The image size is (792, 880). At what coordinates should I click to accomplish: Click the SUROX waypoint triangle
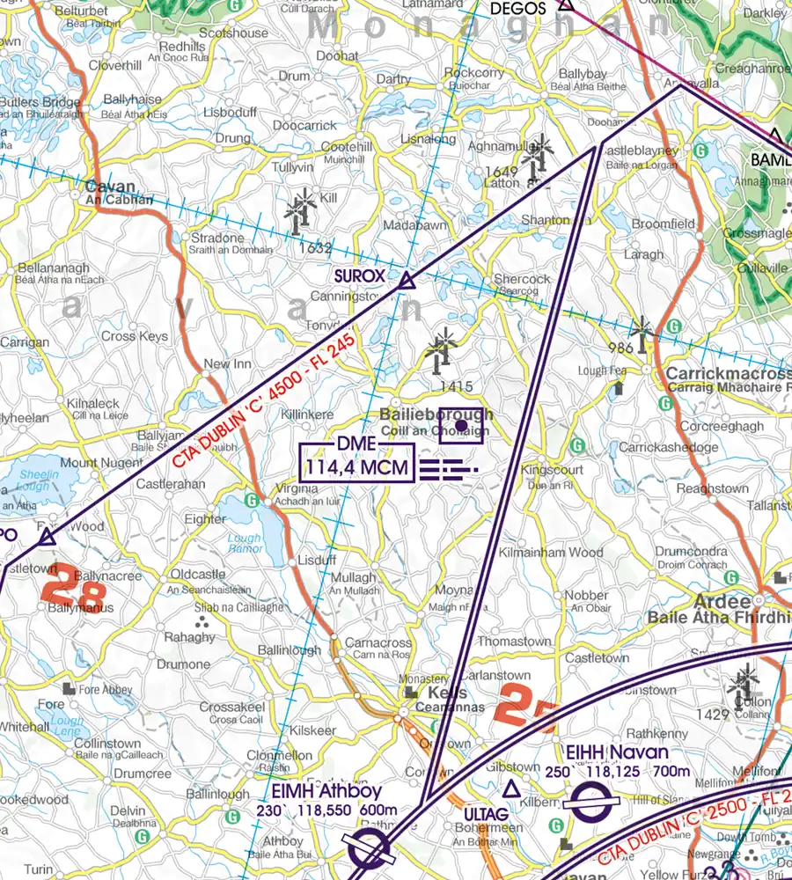[x=406, y=281]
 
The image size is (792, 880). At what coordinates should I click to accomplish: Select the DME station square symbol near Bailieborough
[x=459, y=426]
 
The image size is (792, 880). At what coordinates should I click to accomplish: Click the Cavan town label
[x=111, y=187]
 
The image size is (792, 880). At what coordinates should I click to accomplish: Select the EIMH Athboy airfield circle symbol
[x=370, y=851]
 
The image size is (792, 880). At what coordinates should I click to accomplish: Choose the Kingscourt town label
[x=551, y=470]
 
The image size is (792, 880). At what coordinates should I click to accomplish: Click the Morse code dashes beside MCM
[x=447, y=469]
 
